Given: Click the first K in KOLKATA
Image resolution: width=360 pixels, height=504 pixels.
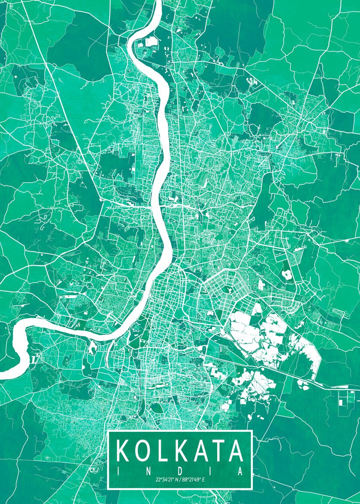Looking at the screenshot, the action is click(x=124, y=451).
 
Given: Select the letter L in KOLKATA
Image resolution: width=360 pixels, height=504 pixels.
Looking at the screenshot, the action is click(x=162, y=451).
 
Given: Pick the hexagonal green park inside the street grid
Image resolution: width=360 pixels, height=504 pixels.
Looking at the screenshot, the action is click(x=229, y=290).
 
